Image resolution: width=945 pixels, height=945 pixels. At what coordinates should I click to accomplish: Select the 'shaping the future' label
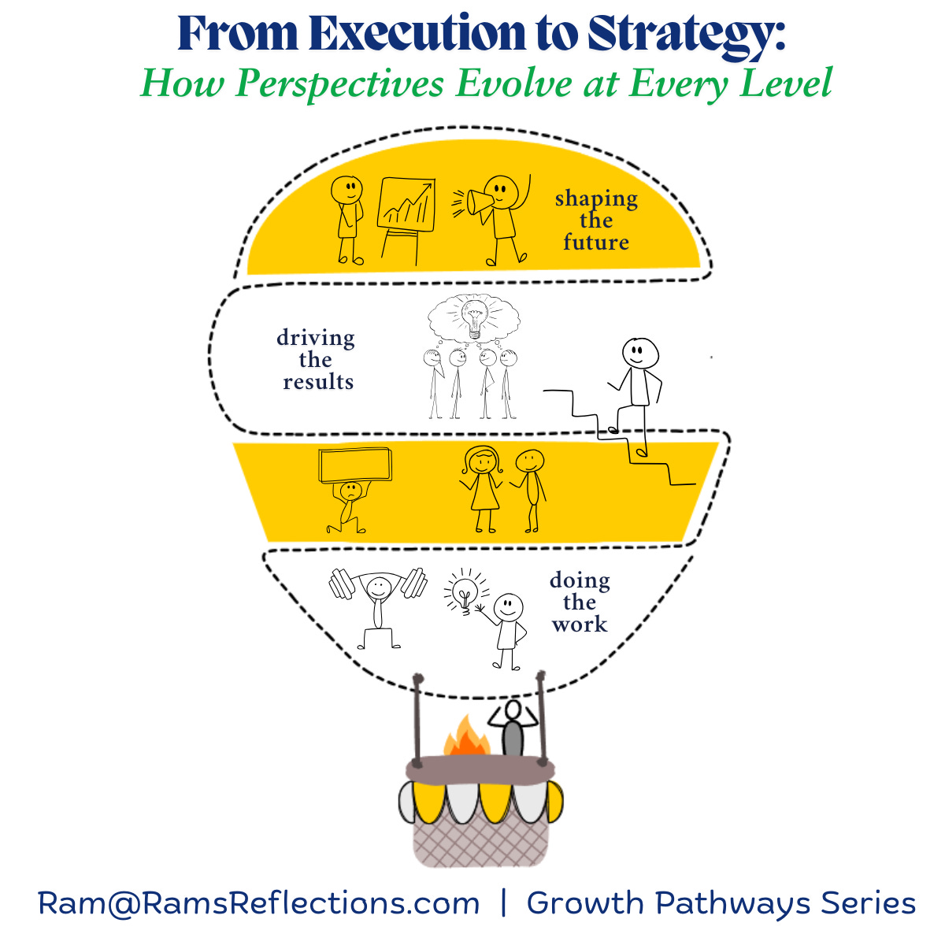[x=596, y=220]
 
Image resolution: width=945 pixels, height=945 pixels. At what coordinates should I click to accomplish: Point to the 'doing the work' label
[x=580, y=602]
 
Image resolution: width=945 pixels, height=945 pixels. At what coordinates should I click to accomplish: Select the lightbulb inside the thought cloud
[x=474, y=317]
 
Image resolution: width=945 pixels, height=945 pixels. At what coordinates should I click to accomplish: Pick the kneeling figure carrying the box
[x=349, y=504]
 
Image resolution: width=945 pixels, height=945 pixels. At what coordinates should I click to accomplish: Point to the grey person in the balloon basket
[x=513, y=728]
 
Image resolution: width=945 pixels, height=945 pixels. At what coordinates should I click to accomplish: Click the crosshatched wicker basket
[x=480, y=839]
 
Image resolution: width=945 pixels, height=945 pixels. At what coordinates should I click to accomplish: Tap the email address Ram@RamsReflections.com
[x=258, y=902]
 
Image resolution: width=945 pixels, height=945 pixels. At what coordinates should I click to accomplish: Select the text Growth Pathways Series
[x=721, y=902]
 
